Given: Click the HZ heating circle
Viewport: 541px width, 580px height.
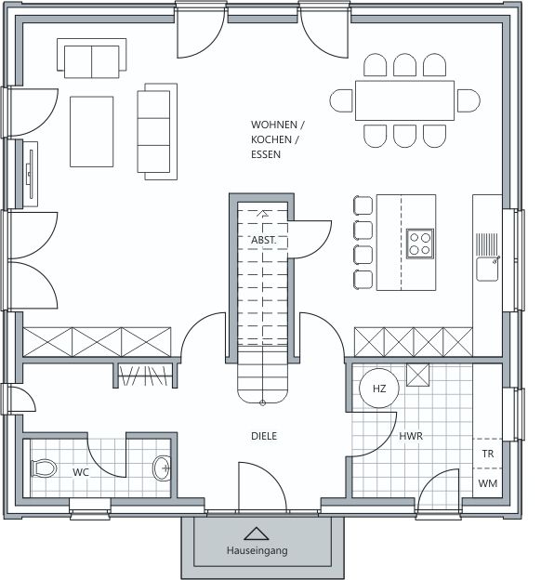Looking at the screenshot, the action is point(379,389).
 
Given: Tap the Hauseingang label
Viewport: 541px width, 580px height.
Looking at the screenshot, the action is point(257,550).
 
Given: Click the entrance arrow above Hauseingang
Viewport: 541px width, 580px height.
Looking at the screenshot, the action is point(257,534).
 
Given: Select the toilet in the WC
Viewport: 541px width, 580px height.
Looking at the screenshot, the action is point(44,468).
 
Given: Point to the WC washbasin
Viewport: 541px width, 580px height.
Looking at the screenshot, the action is point(162,468).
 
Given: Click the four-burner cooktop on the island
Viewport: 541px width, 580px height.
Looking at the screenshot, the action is point(420,244).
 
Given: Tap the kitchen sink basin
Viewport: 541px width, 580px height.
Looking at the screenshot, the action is point(487,269).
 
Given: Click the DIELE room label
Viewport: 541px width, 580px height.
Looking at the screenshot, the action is point(264,436).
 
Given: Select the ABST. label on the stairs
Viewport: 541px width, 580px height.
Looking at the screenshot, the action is point(263,240).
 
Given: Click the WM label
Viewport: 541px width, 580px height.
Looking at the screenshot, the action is point(487,483).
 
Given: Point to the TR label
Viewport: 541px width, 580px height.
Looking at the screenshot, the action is point(488,454).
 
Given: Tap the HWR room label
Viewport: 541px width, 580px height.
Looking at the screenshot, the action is point(411,436).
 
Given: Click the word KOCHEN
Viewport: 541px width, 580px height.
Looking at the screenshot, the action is point(271,139).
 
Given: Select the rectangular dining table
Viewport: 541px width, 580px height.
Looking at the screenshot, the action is point(404,100).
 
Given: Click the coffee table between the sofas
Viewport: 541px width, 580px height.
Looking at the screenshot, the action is point(91,132).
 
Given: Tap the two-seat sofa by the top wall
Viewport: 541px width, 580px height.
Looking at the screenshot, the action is point(91,58).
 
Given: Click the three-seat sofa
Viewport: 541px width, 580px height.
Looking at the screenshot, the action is point(157,132).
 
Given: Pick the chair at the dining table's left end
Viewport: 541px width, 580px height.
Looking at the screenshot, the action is point(341,100).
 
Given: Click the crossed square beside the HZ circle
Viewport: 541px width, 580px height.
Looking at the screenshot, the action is point(417,376).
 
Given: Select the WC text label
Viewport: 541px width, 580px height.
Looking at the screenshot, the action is point(81,472).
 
